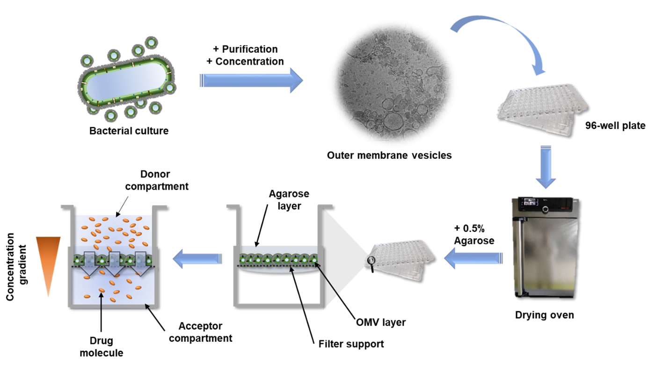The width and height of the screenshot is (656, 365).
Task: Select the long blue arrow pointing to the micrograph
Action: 251,80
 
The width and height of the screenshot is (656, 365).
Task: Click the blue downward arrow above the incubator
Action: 546,166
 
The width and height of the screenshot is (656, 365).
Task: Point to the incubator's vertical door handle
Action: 517,252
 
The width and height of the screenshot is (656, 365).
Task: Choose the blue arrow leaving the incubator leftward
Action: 473,258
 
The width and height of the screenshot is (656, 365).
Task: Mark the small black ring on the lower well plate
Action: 372,261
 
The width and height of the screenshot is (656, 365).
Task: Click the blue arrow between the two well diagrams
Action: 197,258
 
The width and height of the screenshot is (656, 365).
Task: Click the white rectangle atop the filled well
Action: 112,206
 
